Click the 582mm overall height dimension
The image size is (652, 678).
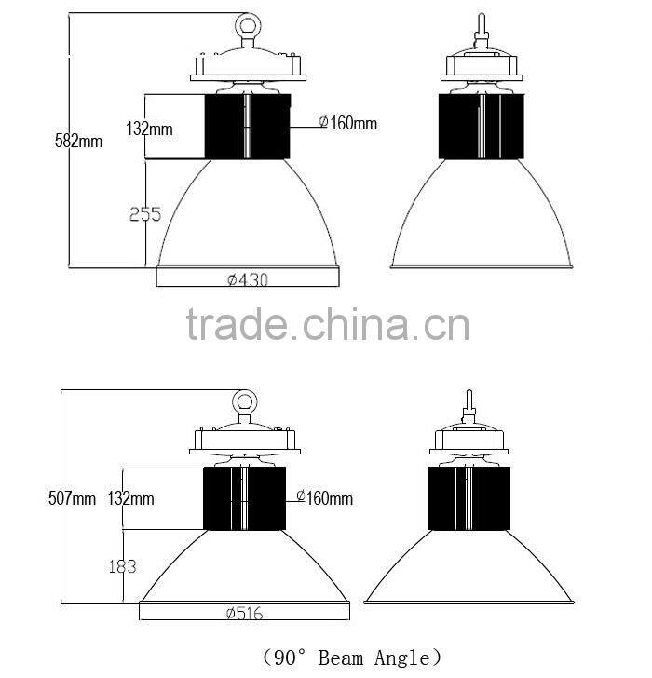click(79, 142)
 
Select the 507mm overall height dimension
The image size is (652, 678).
click(72, 498)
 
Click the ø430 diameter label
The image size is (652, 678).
click(247, 278)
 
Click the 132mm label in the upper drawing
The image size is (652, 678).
click(150, 129)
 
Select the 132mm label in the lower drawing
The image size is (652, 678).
click(130, 498)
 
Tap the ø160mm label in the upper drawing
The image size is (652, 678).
click(347, 123)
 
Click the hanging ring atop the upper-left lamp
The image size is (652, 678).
click(248, 22)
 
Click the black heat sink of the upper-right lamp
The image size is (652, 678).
click(479, 127)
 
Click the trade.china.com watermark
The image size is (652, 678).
click(328, 326)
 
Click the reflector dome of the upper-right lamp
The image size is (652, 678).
click(479, 219)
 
